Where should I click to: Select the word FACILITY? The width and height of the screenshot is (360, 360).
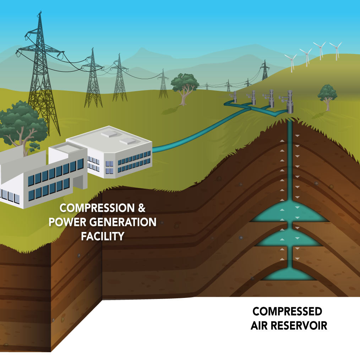tap(103, 236)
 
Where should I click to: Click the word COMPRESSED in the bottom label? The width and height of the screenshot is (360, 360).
tap(287, 312)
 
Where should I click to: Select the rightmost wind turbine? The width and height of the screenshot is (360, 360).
tap(335, 50)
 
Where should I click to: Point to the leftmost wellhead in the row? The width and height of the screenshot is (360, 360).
tap(235, 97)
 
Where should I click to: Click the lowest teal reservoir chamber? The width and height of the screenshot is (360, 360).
tap(290, 273)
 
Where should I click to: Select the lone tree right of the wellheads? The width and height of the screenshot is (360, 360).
tap(327, 95)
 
